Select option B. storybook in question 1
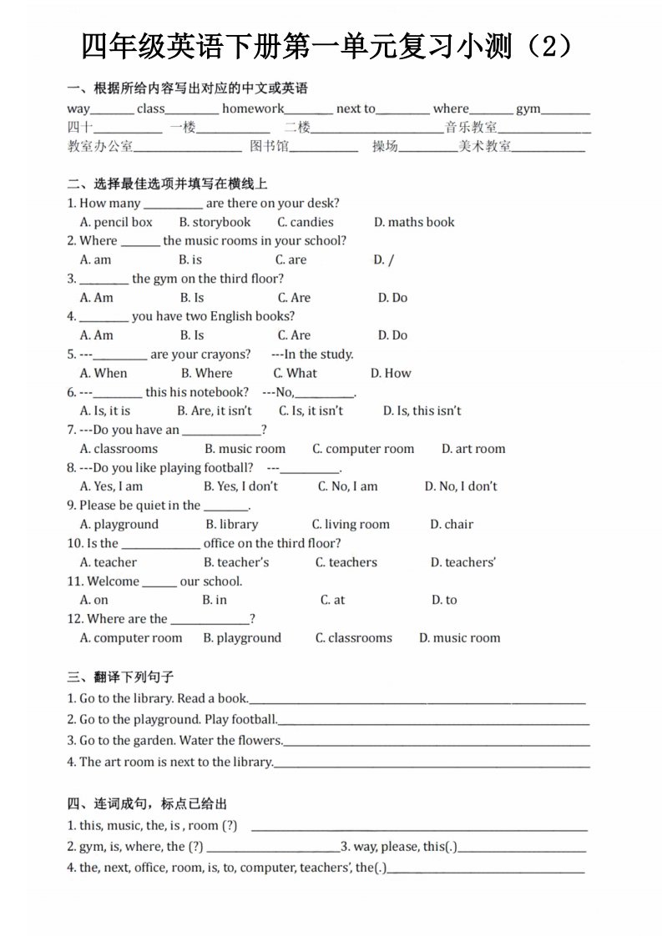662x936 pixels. pyautogui.click(x=215, y=222)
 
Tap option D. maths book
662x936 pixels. pyautogui.click(x=414, y=222)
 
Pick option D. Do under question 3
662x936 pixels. pyautogui.click(x=392, y=297)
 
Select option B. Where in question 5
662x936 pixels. pyautogui.click(x=206, y=373)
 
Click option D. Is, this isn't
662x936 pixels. pyautogui.click(x=422, y=410)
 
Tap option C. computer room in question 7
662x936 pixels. pyautogui.click(x=363, y=449)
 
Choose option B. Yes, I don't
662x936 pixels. pyautogui.click(x=240, y=486)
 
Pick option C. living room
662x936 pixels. pyautogui.click(x=351, y=524)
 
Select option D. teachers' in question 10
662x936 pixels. pyautogui.click(x=462, y=562)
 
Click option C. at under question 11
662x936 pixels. pyautogui.click(x=332, y=600)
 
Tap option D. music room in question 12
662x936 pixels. pyautogui.click(x=459, y=638)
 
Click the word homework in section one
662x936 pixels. pyautogui.click(x=253, y=108)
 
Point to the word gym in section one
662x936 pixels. pyautogui.click(x=528, y=108)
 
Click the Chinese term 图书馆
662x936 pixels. pyautogui.click(x=269, y=147)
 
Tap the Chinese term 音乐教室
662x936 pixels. pyautogui.click(x=471, y=128)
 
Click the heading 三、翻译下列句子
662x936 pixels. pyautogui.click(x=120, y=677)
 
